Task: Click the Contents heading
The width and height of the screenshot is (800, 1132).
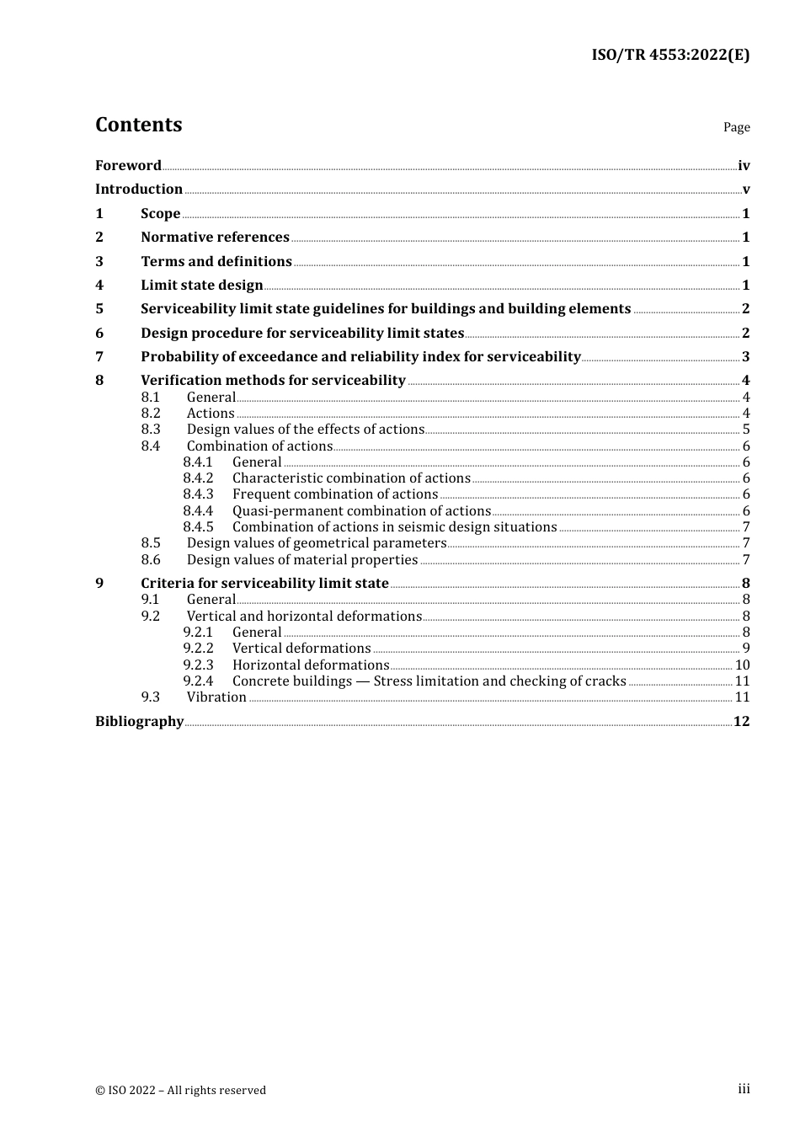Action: click(138, 125)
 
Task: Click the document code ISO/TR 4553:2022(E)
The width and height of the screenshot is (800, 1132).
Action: click(669, 56)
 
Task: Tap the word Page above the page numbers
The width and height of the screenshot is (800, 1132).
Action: click(736, 127)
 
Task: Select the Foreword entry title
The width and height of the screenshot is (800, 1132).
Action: click(128, 166)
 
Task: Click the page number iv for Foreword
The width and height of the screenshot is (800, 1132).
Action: click(744, 166)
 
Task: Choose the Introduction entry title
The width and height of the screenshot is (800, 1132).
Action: click(139, 190)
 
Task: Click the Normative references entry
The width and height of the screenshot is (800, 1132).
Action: click(215, 238)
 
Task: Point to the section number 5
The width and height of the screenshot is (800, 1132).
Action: click(99, 309)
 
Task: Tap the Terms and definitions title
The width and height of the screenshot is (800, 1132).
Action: click(216, 262)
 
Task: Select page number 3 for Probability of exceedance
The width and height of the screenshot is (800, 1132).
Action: click(745, 357)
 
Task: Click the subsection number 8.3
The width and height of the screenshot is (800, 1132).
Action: click(151, 430)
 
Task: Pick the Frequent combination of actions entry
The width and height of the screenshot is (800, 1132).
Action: click(335, 494)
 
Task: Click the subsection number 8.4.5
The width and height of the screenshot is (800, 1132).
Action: click(198, 527)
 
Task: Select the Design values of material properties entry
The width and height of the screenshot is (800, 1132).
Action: click(302, 560)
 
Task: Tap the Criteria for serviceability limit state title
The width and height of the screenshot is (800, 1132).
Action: click(264, 584)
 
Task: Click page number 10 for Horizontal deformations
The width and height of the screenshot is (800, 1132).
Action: click(742, 665)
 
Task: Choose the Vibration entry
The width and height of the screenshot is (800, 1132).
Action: click(216, 697)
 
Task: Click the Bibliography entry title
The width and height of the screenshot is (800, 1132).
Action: click(139, 722)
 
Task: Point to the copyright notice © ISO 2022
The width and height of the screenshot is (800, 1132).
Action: click(180, 1091)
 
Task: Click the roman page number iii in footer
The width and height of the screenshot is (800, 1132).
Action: click(744, 1089)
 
